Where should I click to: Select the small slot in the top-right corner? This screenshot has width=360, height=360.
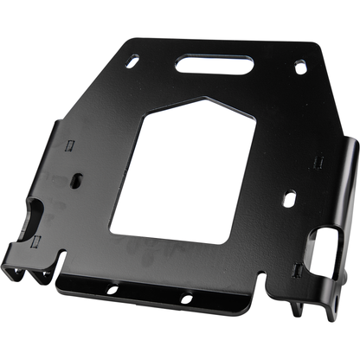pyautogui.click(x=299, y=67)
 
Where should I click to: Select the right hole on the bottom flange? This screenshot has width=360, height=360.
pyautogui.click(x=184, y=299)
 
